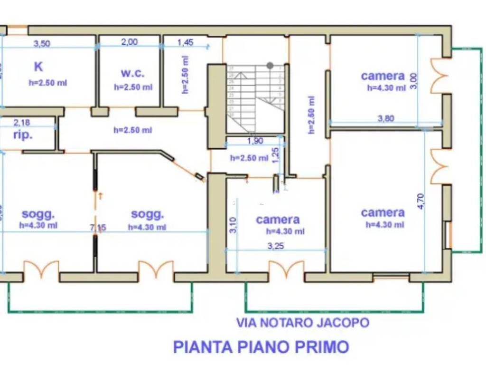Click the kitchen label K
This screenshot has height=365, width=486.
coord(38,67)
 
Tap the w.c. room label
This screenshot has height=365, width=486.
coord(132,73)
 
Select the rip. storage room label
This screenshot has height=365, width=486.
coord(23,134)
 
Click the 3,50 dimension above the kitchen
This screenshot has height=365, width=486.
coord(42,43)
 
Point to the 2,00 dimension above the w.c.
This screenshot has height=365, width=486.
coord(130,42)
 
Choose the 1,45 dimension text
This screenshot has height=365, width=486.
coord(186,42)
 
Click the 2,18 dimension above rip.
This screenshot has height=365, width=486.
coord(21,122)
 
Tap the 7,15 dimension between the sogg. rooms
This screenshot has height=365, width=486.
coord(98,228)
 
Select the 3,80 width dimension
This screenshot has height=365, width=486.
coord(385,119)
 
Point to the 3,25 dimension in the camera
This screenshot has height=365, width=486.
coord(276,246)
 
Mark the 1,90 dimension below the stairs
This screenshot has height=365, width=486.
coord(255,141)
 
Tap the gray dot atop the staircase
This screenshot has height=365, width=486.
coord(270,65)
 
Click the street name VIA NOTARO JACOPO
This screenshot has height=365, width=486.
coord(303,323)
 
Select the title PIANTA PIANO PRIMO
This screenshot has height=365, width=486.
coord(261,346)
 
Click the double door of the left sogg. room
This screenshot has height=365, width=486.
coord(41,269)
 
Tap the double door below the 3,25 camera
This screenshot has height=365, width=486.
coord(286,270)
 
